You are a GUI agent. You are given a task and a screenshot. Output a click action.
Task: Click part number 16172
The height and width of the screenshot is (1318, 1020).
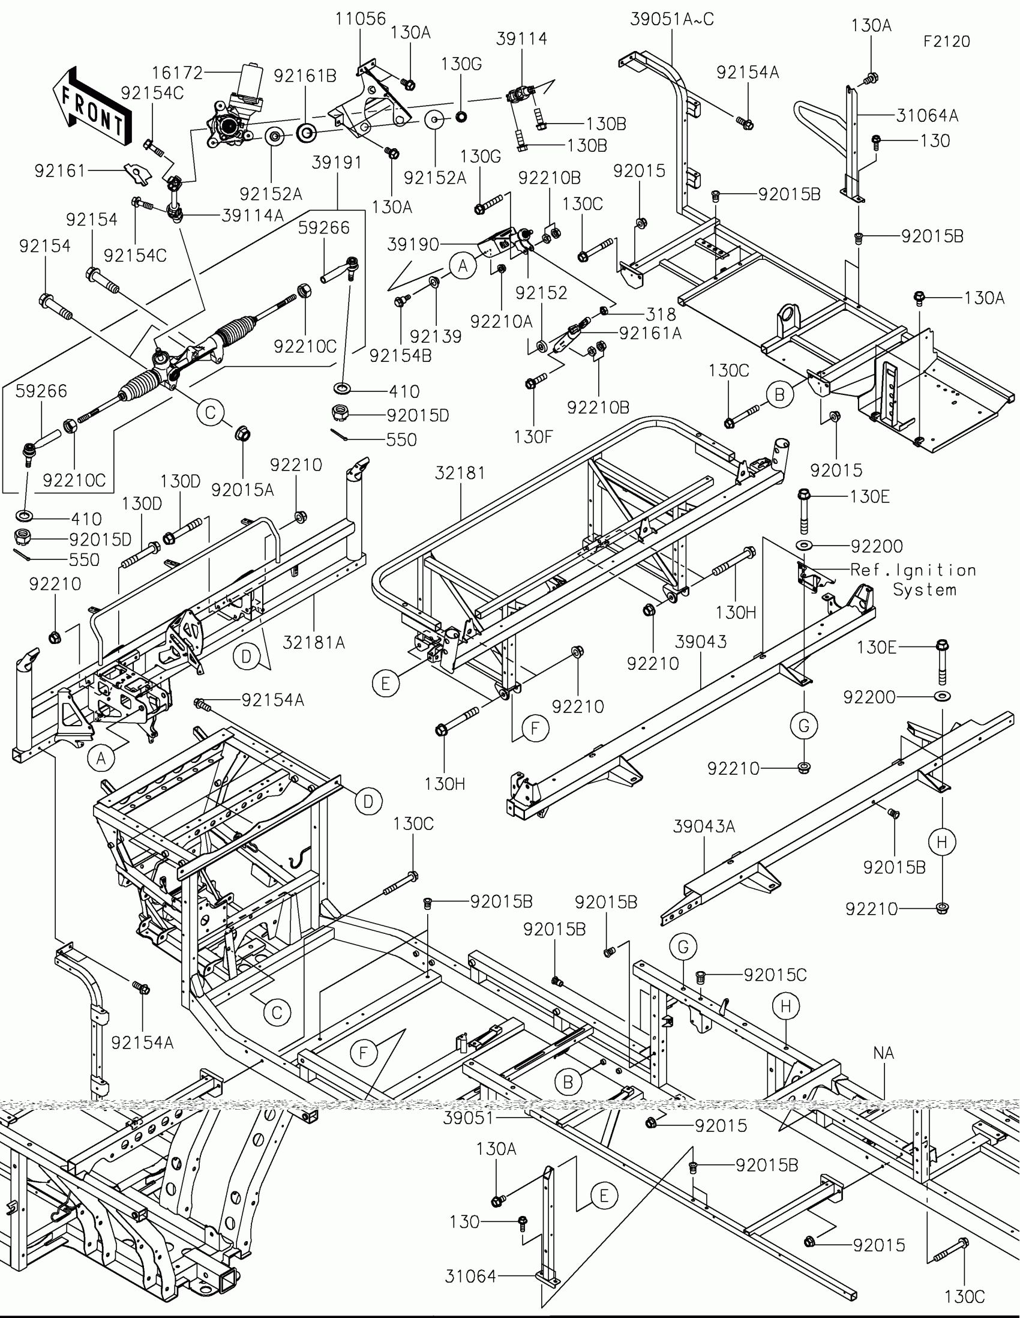(177, 73)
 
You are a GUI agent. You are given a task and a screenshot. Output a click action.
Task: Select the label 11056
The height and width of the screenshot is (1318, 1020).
(360, 19)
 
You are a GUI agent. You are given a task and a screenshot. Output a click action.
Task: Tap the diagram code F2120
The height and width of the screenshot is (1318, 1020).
(946, 41)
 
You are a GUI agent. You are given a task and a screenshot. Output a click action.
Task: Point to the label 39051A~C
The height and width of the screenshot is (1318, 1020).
(671, 19)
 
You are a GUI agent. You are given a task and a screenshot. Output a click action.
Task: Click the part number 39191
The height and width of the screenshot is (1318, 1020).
(337, 162)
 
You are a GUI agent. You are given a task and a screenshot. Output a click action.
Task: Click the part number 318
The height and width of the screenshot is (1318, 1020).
(661, 314)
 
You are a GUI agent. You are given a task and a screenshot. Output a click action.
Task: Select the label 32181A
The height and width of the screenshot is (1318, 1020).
(314, 643)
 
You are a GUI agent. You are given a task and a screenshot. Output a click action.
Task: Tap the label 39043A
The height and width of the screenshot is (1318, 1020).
(704, 826)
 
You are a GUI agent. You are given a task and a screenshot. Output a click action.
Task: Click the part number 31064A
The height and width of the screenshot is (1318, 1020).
(926, 115)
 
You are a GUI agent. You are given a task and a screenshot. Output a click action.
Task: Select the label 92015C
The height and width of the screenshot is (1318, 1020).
(775, 975)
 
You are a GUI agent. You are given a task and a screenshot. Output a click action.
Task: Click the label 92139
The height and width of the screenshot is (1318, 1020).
(436, 336)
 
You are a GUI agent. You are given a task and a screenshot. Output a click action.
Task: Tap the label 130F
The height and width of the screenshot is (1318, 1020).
(533, 436)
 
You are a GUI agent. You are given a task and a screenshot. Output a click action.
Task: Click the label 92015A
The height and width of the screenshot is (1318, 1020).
(242, 490)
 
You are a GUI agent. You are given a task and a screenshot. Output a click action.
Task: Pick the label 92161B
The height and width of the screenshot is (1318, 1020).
(305, 76)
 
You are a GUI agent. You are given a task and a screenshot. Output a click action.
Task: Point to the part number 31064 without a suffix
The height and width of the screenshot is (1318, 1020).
(470, 1276)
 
